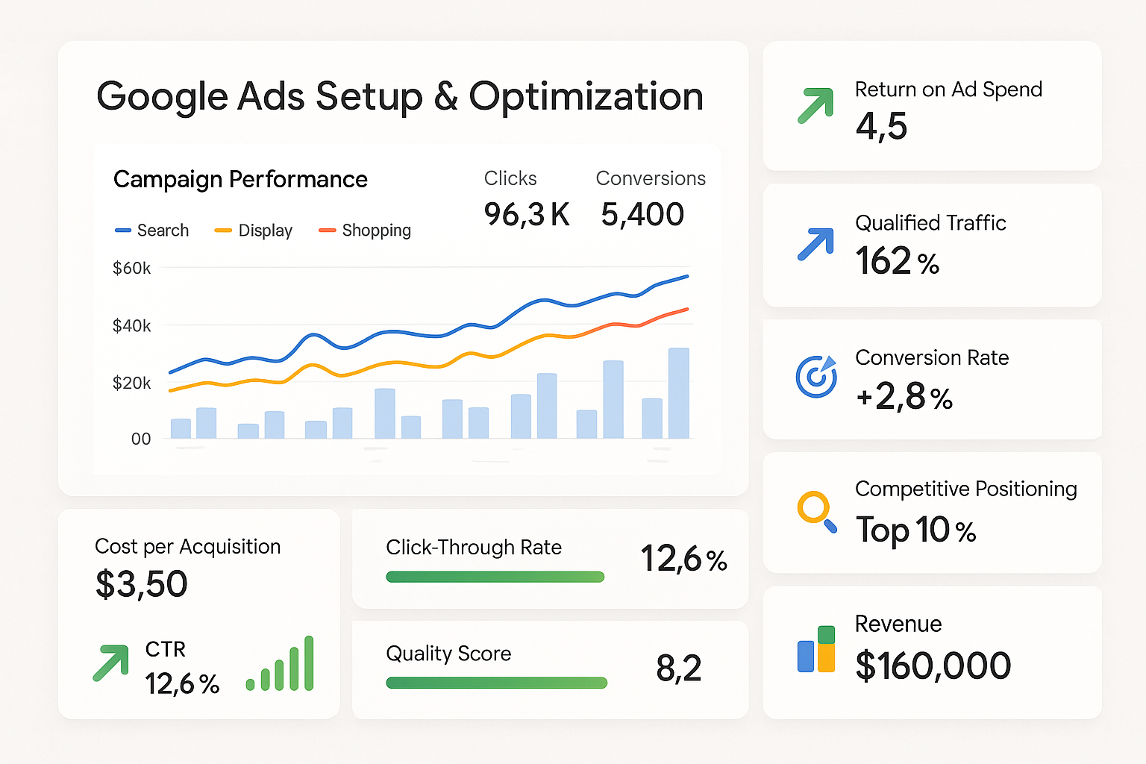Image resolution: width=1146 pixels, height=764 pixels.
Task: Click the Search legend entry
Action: coord(152,231)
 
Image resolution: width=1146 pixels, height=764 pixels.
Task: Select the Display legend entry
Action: coord(254,231)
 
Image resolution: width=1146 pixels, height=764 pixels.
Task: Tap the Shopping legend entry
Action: coord(365,231)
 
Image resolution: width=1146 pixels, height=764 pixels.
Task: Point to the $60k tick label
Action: coord(131,268)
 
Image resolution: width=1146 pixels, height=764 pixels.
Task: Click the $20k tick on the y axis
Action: coord(131,383)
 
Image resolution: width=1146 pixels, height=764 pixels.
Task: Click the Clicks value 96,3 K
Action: coord(526,215)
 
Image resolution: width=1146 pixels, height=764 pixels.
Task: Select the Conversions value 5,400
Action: coord(642,215)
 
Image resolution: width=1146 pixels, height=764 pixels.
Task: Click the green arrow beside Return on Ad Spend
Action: coord(815,106)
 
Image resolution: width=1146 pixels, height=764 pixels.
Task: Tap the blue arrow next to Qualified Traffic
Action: coord(815,244)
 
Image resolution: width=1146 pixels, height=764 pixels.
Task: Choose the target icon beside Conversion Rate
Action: coord(815,377)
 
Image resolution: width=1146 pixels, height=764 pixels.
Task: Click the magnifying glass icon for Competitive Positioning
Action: coord(816,512)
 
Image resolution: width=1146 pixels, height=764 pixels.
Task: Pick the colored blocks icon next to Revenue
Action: coord(816,649)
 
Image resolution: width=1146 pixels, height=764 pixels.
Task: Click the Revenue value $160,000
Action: coord(933,666)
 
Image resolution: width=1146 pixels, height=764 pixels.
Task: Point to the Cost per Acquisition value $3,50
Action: coord(141,584)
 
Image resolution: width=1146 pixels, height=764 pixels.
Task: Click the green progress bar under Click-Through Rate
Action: coord(495,577)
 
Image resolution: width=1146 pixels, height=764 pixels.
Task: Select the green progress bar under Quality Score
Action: coord(496,683)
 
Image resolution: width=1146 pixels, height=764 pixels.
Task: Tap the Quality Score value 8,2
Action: coord(678,668)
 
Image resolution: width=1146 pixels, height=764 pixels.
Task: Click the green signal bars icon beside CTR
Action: coord(281,664)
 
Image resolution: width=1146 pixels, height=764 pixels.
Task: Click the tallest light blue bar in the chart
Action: coord(678,393)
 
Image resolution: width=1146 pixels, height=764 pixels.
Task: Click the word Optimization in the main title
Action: coord(586,97)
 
